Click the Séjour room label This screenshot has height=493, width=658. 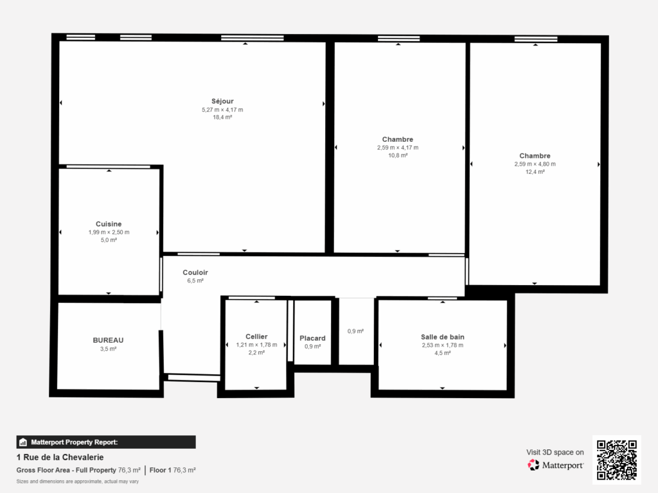coord(222,101)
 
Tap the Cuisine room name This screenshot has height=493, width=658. coord(109,224)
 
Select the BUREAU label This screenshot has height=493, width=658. coord(108,340)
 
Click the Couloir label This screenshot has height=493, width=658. coord(195,272)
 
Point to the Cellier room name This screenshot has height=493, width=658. coord(256,336)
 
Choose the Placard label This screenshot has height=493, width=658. coord(312,338)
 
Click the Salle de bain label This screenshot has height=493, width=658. coord(442,336)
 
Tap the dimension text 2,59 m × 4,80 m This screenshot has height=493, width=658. coord(535,164)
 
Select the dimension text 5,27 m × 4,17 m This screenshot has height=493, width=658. coord(222,109)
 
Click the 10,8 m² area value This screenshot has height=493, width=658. coord(397,155)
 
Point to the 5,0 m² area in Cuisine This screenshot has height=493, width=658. coord(109,240)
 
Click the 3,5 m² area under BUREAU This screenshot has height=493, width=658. coord(108,349)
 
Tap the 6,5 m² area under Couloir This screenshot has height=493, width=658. coord(195,281)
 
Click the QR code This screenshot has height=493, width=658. coord(616,460)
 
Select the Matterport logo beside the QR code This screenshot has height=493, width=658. coord(556,465)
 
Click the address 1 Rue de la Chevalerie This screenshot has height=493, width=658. coord(59,458)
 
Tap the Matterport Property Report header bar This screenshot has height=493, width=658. coord(106,442)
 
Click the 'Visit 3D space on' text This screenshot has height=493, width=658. coord(555,452)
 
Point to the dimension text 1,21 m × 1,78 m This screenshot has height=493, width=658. coord(256,345)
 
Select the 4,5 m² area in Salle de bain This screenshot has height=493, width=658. coord(442,352)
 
